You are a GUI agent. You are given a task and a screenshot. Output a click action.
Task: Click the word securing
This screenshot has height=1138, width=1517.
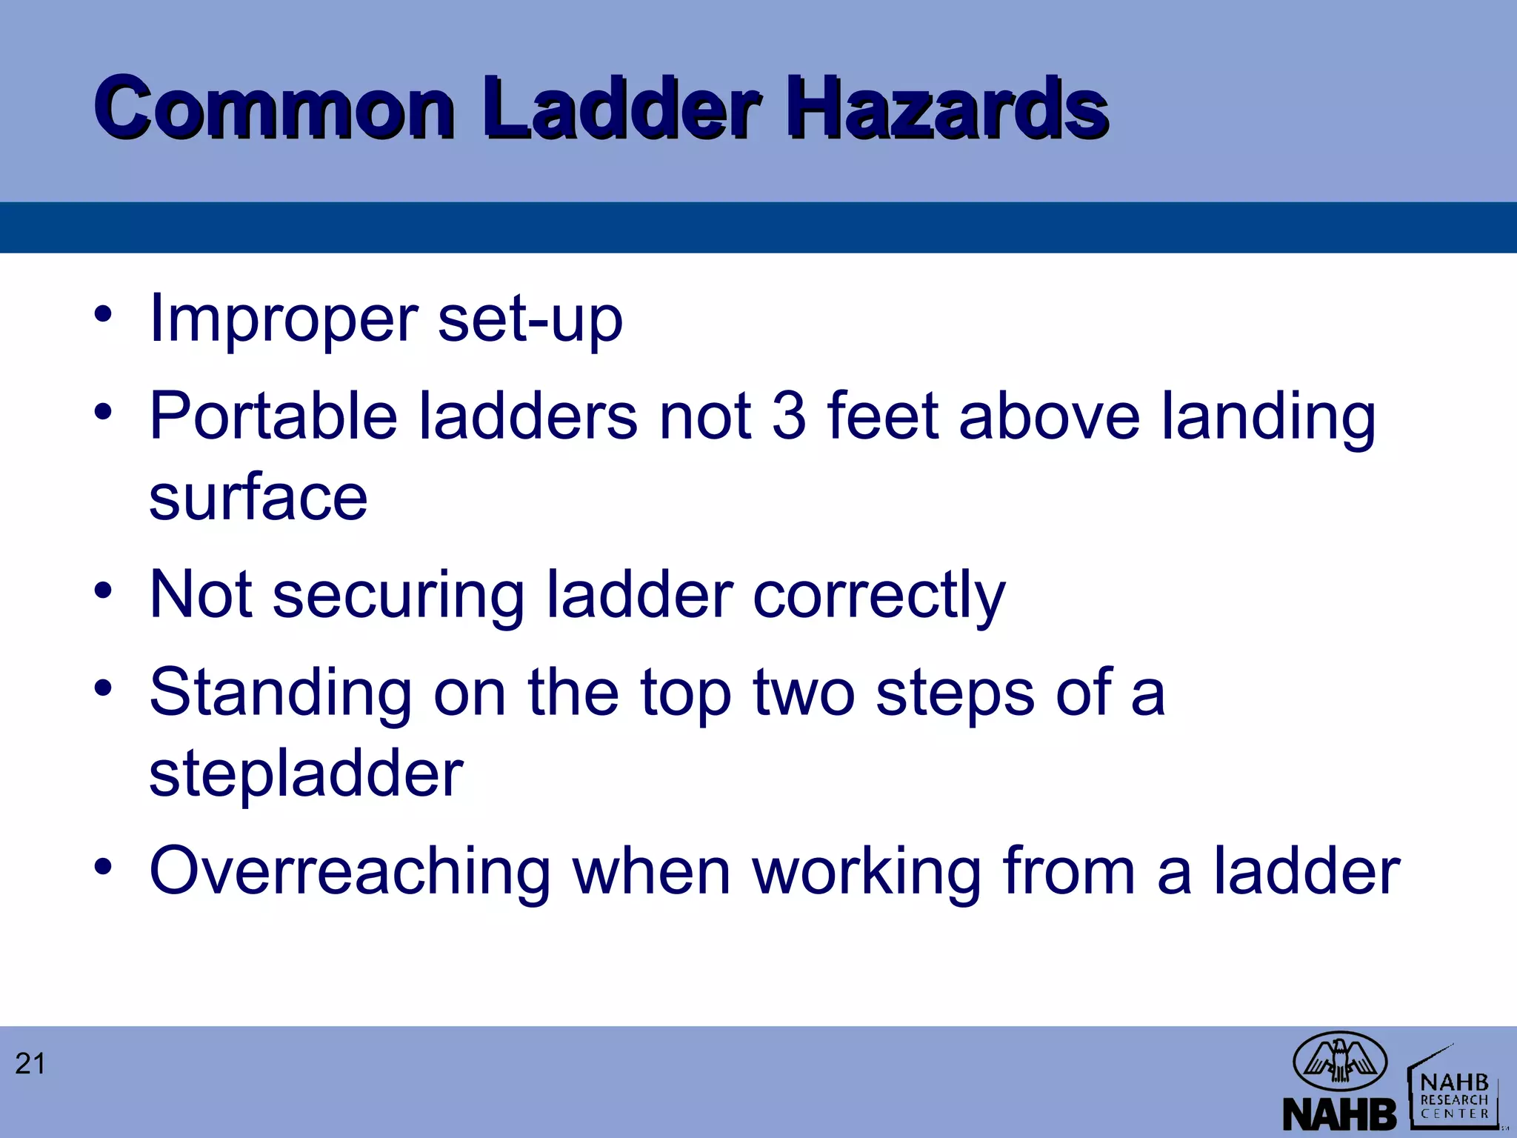click(x=399, y=596)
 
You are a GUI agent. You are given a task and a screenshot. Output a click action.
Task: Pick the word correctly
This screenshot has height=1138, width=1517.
click(x=879, y=596)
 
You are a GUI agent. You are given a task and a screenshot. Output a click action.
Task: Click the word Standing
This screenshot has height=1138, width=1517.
click(x=280, y=693)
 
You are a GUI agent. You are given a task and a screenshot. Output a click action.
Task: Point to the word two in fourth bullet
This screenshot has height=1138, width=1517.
click(x=804, y=693)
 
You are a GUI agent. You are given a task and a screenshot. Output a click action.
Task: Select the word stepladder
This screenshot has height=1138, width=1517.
click(x=306, y=774)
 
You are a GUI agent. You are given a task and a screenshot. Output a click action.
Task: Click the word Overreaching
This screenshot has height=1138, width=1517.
click(x=350, y=872)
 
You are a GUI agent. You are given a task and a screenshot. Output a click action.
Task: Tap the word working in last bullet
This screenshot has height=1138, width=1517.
click(x=866, y=872)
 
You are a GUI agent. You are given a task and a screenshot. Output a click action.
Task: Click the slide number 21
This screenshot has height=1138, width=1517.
click(x=30, y=1064)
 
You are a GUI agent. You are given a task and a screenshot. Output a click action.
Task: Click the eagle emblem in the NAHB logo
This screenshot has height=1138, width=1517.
click(x=1339, y=1060)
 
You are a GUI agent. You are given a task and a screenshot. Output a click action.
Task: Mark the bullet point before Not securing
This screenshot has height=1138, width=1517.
click(x=103, y=591)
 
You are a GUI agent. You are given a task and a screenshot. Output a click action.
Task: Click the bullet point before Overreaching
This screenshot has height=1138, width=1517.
click(x=103, y=866)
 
